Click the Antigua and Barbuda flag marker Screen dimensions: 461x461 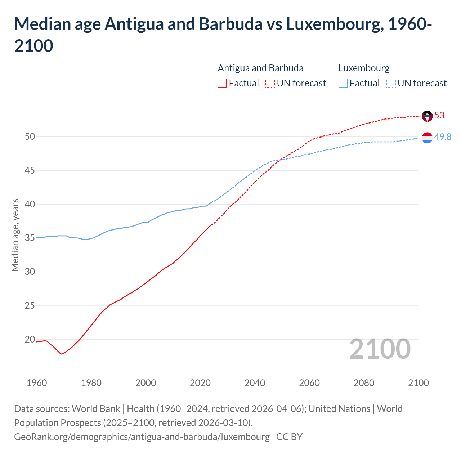pos(427,116)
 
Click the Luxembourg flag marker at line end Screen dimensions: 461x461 pos(427,138)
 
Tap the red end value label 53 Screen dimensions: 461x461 pos(439,116)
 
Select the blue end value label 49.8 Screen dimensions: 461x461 pos(443,137)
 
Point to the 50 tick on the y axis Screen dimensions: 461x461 pos(30,136)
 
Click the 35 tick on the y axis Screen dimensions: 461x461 pos(30,238)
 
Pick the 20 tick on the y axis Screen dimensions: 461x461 pos(30,339)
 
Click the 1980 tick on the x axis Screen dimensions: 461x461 pos(91,383)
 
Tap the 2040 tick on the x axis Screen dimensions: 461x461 pos(255,383)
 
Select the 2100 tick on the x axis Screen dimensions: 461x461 pos(418,383)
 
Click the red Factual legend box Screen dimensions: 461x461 pos(222,83)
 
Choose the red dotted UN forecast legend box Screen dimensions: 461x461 pos(270,83)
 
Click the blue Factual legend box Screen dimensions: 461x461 pos(343,83)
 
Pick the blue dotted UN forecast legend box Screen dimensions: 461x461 pos(391,83)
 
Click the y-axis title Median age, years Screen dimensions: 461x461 pos(15,235)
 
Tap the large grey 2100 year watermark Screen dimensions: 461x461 pos(380,349)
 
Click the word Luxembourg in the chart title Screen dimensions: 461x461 pos(333,24)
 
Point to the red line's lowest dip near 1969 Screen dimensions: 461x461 pos(61,354)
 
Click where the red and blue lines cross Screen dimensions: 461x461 pos(281,160)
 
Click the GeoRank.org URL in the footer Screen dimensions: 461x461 pos(142,437)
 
